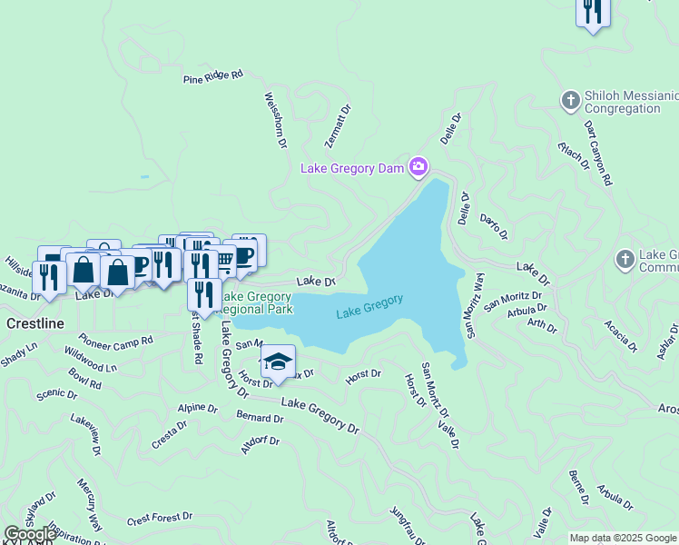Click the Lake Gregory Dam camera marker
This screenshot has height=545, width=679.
(418, 165)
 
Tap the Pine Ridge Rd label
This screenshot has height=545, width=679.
(213, 77)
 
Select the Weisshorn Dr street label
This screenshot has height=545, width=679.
(275, 119)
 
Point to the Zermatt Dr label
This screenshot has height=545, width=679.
(338, 125)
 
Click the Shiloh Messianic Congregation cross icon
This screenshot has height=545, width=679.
(570, 100)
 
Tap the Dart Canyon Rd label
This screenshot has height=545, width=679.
(598, 153)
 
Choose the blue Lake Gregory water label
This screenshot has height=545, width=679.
(369, 305)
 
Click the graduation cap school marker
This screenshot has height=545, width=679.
(278, 361)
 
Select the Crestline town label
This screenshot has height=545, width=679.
(35, 323)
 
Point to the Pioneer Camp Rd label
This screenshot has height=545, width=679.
(115, 342)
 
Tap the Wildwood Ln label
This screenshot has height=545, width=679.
(91, 366)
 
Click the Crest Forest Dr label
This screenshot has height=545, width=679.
(160, 519)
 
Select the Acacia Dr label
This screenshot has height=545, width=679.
(622, 340)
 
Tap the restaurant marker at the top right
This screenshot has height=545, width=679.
(593, 11)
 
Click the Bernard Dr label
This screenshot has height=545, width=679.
(260, 417)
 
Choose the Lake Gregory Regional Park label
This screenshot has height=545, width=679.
(257, 302)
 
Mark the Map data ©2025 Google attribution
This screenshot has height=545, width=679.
(623, 538)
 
